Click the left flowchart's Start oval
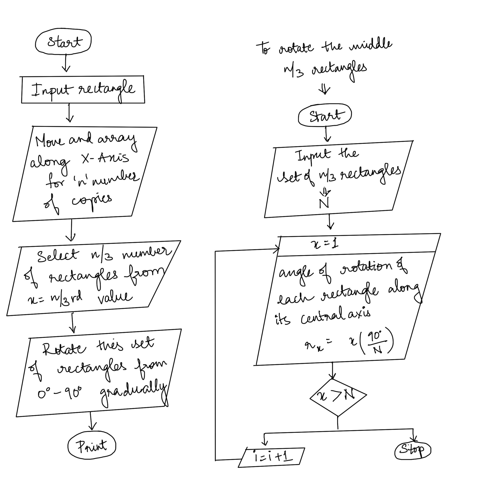63,41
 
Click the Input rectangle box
83,90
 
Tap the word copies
92,200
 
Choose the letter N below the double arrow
324,203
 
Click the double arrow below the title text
324,89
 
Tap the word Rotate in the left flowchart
64,349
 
